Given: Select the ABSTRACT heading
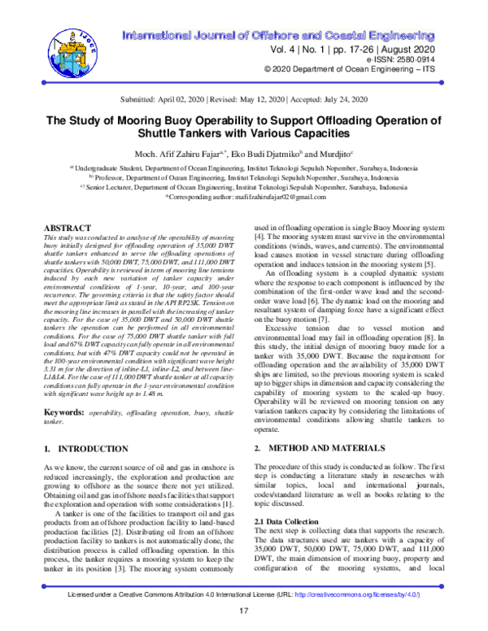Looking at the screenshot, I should [x=67, y=230].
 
